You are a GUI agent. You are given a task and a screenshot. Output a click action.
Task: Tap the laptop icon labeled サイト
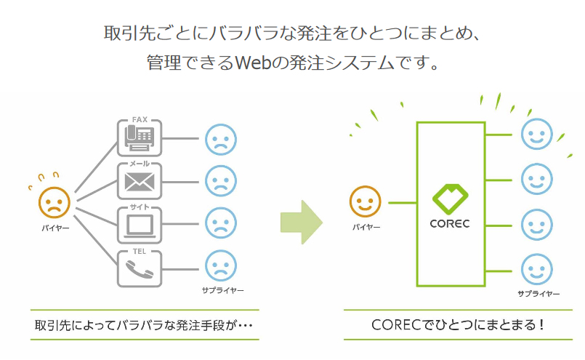[x=140, y=224]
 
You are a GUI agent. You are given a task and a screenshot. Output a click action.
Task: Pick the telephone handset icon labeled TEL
[x=140, y=268]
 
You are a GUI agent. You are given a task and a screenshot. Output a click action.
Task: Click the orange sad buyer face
[x=54, y=203]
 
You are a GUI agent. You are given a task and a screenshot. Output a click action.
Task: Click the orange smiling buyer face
[x=366, y=202]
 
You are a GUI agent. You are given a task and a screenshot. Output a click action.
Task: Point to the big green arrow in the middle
[x=301, y=223]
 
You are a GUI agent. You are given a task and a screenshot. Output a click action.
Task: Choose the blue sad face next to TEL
[x=220, y=267]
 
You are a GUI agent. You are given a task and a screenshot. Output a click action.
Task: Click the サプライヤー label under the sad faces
[x=223, y=291]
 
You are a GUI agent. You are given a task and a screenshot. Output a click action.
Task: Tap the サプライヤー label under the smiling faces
[x=538, y=294]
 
